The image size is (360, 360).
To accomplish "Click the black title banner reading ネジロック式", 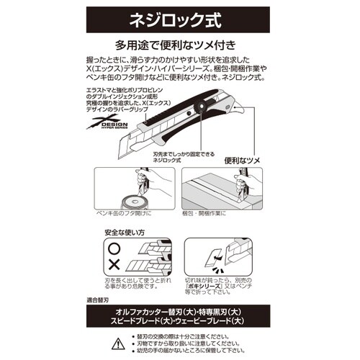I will [x=180, y=16].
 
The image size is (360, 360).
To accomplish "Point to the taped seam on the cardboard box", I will [x=216, y=189].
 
